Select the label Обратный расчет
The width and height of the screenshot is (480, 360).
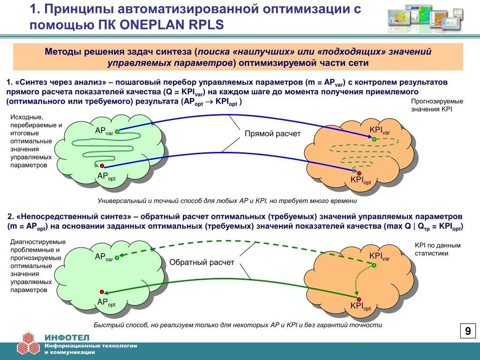pyautogui.click(x=202, y=262)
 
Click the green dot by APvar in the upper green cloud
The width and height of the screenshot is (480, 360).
pyautogui.click(x=117, y=132)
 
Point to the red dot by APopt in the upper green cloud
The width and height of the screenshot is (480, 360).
pyautogui.click(x=102, y=166)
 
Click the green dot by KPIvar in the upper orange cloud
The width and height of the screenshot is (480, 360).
pyautogui.click(x=374, y=139)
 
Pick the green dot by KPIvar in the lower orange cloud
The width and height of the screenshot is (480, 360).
pyautogui.click(x=374, y=265)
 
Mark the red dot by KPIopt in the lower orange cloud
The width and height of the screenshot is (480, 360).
pyautogui.click(x=359, y=299)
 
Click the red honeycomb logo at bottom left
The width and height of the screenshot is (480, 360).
pyautogui.click(x=29, y=343)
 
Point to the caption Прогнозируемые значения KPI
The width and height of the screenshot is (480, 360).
pyautogui.click(x=437, y=105)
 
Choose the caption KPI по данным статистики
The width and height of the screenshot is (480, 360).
pyautogui.click(x=437, y=249)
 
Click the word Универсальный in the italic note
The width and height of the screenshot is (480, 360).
pyautogui.click(x=120, y=201)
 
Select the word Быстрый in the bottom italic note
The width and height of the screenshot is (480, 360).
pyautogui.click(x=107, y=325)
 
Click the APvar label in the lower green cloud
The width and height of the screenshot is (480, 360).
pyautogui.click(x=104, y=256)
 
